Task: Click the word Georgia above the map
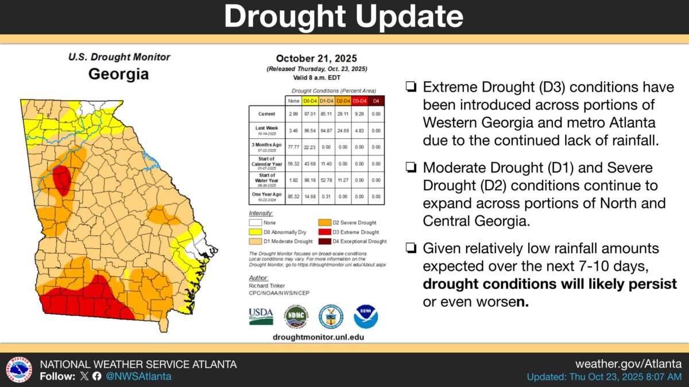(118, 74)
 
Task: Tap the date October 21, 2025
(316, 58)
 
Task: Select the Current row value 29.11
(343, 114)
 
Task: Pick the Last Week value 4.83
(360, 131)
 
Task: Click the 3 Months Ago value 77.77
(293, 147)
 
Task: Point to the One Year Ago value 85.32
(293, 196)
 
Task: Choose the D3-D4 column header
(360, 101)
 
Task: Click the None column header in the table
(293, 101)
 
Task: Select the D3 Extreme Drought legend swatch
(325, 232)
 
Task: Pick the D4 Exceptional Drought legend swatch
(325, 241)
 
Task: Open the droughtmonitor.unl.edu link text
(318, 338)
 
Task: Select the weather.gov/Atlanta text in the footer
(628, 364)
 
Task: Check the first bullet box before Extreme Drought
(411, 88)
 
